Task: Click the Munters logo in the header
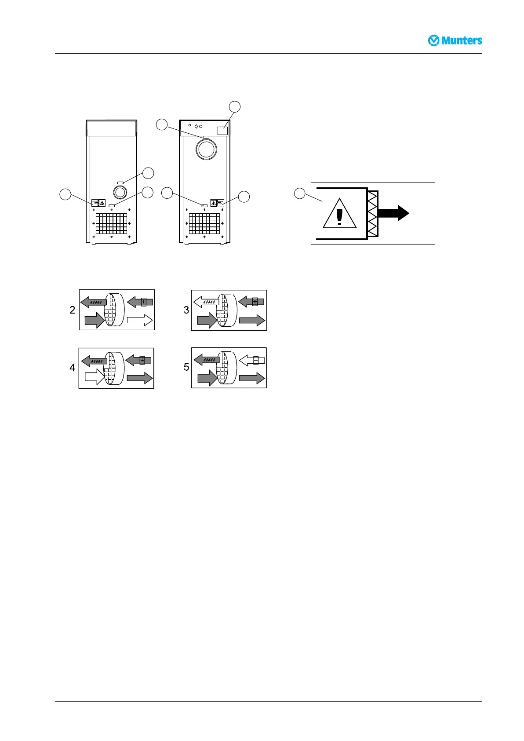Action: [455, 40]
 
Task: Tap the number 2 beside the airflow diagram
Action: [73, 310]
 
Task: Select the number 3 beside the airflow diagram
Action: [186, 310]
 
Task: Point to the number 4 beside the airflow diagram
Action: [73, 368]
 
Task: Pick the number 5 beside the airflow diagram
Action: [186, 367]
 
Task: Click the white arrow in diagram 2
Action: [139, 321]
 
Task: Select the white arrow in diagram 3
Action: [206, 301]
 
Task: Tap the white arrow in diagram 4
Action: [94, 377]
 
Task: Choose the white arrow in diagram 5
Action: [252, 361]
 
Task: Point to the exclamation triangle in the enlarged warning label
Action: [339, 214]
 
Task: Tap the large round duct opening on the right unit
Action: [206, 150]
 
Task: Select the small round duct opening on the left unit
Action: [119, 192]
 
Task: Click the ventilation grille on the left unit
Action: [111, 223]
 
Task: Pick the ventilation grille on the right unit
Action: [204, 223]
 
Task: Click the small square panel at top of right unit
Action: [223, 130]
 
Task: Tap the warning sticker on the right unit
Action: [217, 203]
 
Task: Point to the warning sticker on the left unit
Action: [98, 203]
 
